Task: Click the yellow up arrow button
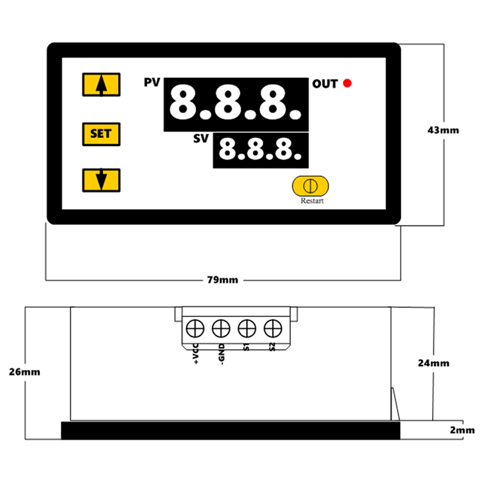[101, 84]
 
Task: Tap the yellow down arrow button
[101, 180]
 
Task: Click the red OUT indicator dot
[347, 83]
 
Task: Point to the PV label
[152, 82]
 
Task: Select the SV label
[201, 138]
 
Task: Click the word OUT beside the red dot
[325, 84]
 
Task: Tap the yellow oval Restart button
[310, 186]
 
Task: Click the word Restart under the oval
[312, 201]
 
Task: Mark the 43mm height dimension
[443, 130]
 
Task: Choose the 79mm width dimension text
[222, 280]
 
